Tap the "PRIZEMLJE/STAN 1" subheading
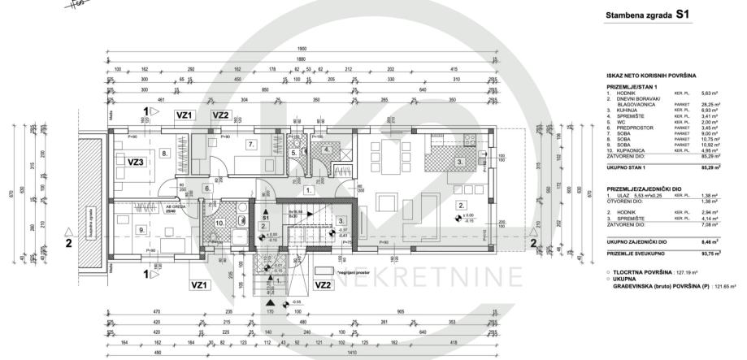coord(633,85)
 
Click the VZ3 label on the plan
coord(137,163)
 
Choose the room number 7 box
coord(252,145)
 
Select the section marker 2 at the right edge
coord(533,241)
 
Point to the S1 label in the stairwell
coord(264,219)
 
